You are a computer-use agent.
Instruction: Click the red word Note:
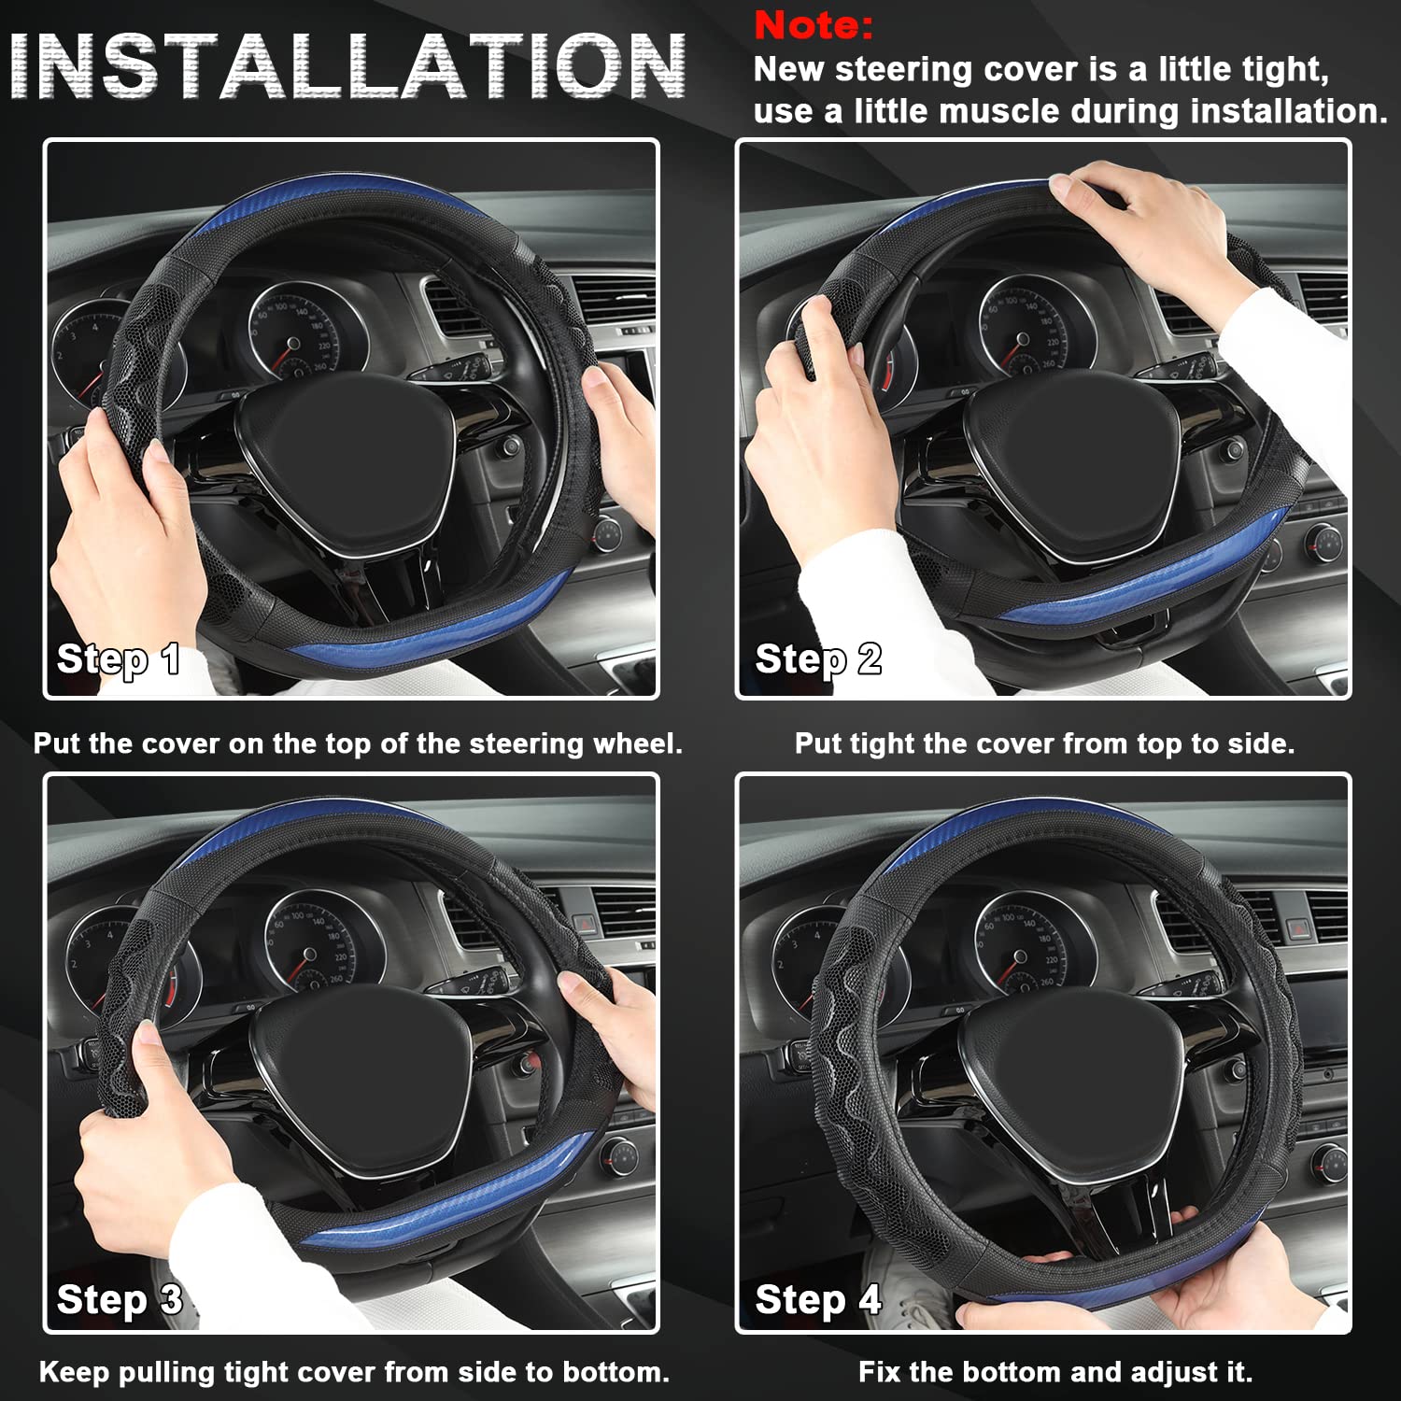tap(813, 25)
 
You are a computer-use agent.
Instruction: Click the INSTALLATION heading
tap(347, 67)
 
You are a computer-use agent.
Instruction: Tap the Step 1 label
tap(119, 658)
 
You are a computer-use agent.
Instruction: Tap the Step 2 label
tap(818, 658)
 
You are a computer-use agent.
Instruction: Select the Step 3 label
tap(119, 1299)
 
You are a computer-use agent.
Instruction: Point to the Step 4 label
tap(818, 1299)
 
